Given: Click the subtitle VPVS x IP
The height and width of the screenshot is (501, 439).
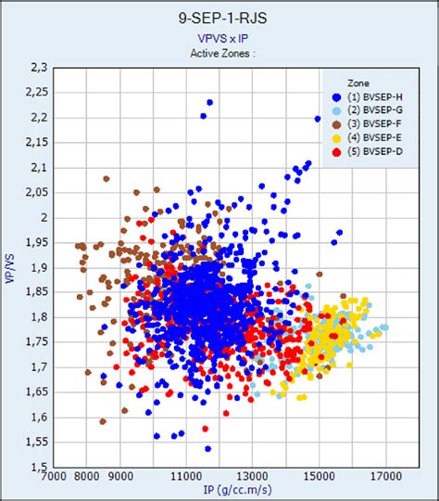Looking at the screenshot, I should click(x=219, y=38).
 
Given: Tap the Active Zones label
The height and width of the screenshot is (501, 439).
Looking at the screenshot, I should click(x=219, y=53).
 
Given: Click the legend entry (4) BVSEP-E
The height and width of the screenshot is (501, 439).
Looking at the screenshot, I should click(x=370, y=137).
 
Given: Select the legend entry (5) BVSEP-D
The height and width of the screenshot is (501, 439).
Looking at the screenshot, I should click(x=370, y=150).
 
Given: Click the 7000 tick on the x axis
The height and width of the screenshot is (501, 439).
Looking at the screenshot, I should click(x=52, y=480).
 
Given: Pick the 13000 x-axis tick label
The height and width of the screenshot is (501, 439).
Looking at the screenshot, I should click(x=252, y=480).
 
